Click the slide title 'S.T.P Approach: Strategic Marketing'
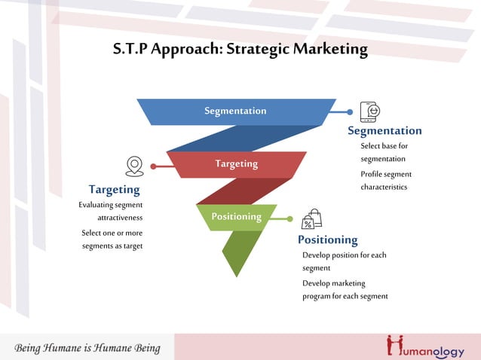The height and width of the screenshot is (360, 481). pos(240,50)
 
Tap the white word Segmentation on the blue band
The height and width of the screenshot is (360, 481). pos(235,111)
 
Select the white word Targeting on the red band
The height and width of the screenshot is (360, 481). pos(236,163)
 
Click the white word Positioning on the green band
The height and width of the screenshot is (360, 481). pos(236,216)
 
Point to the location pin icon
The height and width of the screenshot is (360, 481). pos(134,166)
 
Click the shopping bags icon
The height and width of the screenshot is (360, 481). pos(311,219)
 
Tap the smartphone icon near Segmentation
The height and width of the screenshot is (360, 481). pos(369,111)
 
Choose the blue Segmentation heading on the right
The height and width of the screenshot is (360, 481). pos(384,131)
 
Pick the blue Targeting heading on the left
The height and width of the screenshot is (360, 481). pos(114,189)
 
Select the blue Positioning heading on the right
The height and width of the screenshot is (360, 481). pos(327,239)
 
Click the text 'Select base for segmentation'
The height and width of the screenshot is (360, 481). pos(384,152)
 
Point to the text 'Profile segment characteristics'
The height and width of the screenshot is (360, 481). pos(385,181)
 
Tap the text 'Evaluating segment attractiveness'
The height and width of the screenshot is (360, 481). pos(111,211)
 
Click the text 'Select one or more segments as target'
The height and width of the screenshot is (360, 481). pos(112,239)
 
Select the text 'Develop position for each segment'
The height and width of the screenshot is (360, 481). pos(344,261)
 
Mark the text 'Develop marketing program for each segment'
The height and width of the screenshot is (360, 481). pos(345,289)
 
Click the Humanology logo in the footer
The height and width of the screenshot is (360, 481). pos(426,346)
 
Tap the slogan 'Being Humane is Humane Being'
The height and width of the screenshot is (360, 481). pos(87,348)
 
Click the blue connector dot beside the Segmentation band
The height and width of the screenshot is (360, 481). pos(350,111)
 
